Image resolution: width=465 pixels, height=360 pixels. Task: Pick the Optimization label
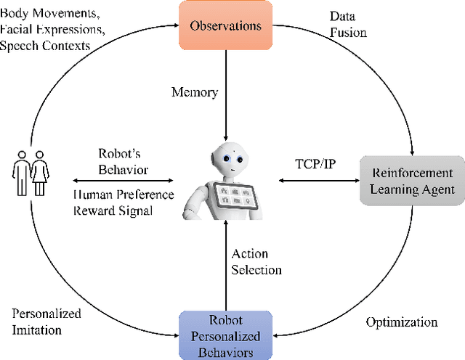(401, 322)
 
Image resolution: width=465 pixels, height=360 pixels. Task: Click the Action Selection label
(256, 261)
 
